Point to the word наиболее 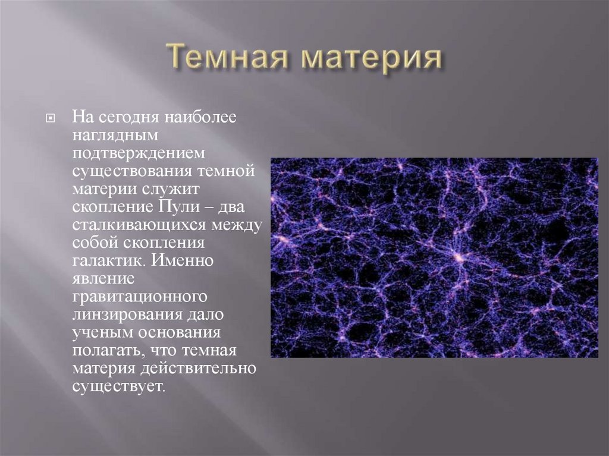pyautogui.click(x=202, y=116)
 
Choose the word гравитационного pyautogui.click(x=140, y=299)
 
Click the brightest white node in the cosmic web pyautogui.click(x=459, y=257)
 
